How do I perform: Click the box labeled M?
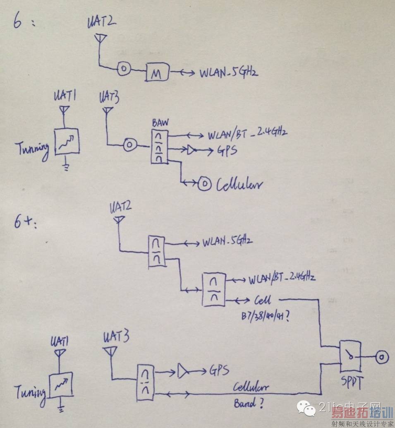click(x=158, y=73)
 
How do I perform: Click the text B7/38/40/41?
click(x=265, y=316)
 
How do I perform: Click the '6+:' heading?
click(x=26, y=224)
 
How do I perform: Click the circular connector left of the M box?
click(x=124, y=69)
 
